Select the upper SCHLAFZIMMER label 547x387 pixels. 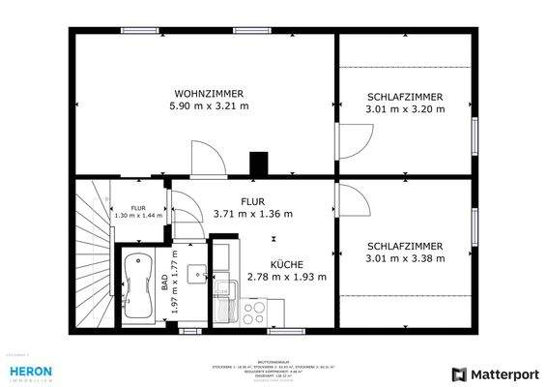point(405,97)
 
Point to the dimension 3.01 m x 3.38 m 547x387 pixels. point(405,258)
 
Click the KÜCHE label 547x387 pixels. point(286,263)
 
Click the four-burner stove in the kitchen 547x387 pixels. point(255,313)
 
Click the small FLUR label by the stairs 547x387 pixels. point(137,207)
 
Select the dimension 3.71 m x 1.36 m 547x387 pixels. point(252,214)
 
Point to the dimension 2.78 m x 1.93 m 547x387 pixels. point(287,277)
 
